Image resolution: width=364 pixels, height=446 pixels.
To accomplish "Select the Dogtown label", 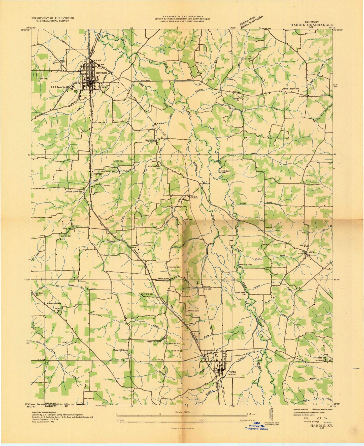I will [150, 140].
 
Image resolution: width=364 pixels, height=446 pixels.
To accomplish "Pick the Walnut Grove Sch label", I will [154, 167].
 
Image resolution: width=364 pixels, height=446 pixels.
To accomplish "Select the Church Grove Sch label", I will [74, 192].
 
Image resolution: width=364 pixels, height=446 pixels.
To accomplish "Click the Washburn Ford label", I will [226, 172].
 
